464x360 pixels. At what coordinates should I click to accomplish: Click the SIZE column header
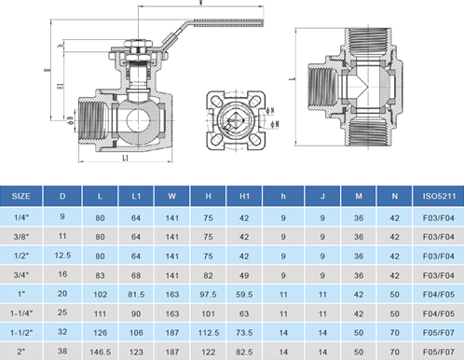(x=21, y=197)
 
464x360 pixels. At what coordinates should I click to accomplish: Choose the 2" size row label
(x=21, y=353)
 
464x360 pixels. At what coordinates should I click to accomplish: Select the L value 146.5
(x=102, y=353)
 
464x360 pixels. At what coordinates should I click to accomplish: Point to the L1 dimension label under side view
(x=125, y=158)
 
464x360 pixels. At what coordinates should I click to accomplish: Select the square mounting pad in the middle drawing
(x=233, y=120)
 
